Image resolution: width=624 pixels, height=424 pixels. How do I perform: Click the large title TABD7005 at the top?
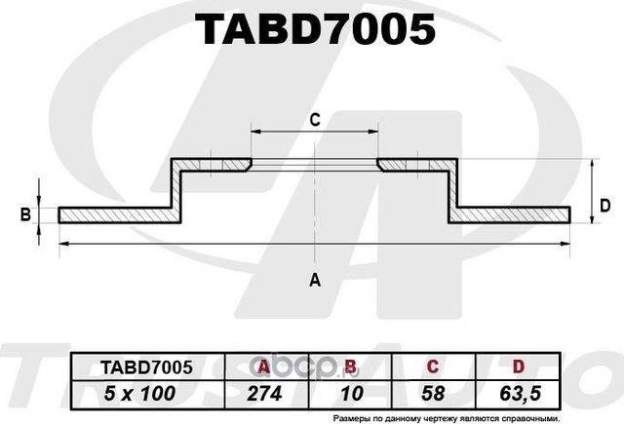coord(315,30)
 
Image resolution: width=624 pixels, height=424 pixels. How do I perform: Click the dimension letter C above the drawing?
coord(315,120)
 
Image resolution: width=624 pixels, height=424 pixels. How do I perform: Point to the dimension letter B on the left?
coord(26,214)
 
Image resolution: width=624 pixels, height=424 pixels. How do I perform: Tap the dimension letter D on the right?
coord(604,205)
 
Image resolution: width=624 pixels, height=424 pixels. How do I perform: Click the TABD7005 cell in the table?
coord(147,366)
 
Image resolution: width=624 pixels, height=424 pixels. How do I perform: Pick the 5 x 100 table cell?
coord(147,393)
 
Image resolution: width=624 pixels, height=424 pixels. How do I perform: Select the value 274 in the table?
coord(265,393)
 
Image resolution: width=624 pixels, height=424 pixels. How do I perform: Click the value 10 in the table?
coord(348,393)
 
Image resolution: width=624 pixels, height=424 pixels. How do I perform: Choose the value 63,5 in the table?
coord(518,393)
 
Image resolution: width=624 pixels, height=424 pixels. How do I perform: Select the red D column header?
coord(518,366)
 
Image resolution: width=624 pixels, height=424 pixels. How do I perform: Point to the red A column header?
coord(261,366)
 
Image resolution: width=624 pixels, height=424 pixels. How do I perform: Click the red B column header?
coord(348,366)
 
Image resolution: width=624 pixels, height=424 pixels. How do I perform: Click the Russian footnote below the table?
coord(446,416)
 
